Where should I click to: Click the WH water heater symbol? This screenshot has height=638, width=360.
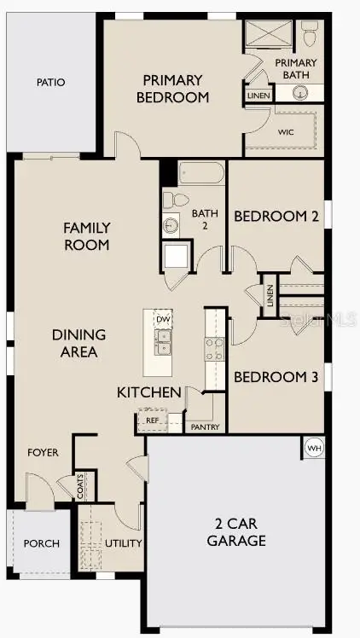click(313, 447)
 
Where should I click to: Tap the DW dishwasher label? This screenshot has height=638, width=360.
click(162, 319)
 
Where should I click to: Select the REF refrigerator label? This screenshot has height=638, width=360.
click(152, 420)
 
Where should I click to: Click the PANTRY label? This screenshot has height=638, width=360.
click(204, 426)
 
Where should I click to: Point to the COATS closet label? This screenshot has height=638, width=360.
click(81, 487)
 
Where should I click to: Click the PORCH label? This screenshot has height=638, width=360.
click(40, 543)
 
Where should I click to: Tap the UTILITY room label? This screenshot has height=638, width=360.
click(123, 543)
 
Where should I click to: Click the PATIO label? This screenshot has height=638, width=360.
click(50, 83)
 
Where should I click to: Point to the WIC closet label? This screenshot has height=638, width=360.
click(286, 132)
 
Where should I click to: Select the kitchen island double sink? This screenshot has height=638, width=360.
click(162, 343)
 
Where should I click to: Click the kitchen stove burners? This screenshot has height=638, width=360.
click(214, 348)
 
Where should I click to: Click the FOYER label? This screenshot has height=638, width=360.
click(43, 452)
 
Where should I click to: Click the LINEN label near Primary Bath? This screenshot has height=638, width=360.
click(257, 96)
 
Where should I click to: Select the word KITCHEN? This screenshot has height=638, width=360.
click(149, 393)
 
